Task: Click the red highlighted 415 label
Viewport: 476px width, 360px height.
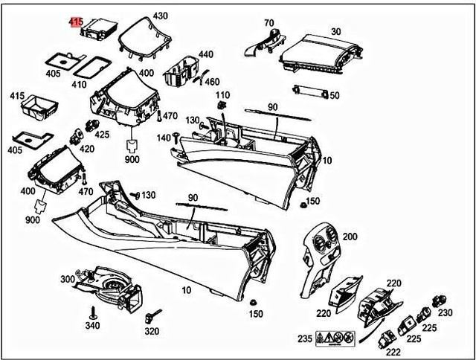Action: coord(76,23)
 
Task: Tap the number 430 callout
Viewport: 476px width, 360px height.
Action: coord(160,16)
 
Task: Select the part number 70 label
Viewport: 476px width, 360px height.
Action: coord(268,23)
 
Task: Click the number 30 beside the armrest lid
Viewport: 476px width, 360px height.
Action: coord(336,31)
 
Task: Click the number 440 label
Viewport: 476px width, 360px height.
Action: coord(205,55)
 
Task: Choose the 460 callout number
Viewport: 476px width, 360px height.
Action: coord(212,82)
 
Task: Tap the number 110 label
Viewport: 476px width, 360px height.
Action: coord(222,95)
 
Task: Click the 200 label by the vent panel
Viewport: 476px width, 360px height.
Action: coord(350,237)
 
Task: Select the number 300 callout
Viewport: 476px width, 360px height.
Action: coord(68,278)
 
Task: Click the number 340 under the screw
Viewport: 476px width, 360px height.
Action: coord(92,325)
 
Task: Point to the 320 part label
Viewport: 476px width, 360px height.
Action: coord(151,331)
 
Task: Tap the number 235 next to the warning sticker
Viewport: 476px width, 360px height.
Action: coord(305,338)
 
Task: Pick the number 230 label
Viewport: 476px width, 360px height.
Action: coord(445,313)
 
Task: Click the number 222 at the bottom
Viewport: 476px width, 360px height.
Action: coord(393,352)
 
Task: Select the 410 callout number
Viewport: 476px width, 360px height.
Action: coord(79,84)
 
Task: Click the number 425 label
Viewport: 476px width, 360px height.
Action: coord(102,135)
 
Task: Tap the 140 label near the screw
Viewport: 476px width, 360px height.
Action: coord(164,138)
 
